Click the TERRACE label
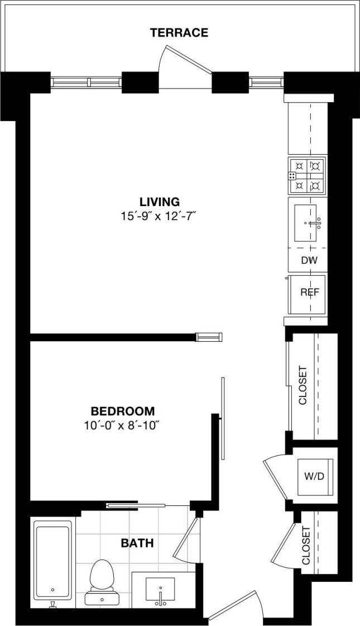click(x=179, y=33)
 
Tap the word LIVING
click(x=160, y=202)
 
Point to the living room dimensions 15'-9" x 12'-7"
click(x=160, y=217)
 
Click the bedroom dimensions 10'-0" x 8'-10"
click(x=122, y=426)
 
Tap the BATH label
click(x=137, y=543)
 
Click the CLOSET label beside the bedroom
click(x=303, y=385)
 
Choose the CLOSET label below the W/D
click(x=305, y=546)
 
